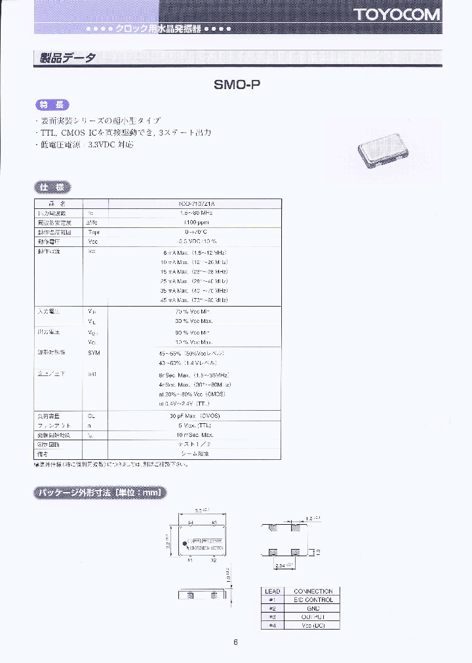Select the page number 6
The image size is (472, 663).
point(235,641)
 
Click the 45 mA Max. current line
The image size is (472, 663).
point(196,299)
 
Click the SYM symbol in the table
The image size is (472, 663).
point(93,352)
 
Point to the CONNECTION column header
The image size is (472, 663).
point(313,591)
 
